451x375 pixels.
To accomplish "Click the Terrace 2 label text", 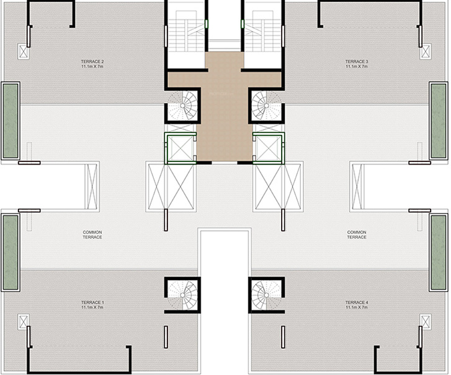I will coord(92,63).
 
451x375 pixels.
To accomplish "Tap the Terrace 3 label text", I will coord(357,63).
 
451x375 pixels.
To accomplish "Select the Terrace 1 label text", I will coord(92,304).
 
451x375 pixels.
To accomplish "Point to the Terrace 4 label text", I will coord(357,304).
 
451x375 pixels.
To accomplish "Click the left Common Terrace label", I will coord(92,235).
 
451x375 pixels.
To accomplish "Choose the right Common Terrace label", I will coord(357,235).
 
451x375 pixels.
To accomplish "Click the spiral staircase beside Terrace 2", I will coord(183,106).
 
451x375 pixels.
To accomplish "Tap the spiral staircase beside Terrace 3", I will coord(267,106).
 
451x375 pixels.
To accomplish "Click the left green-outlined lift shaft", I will coord(179,148).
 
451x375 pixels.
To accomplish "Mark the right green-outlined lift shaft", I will coord(269,148).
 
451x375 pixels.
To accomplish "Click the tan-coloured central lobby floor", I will coord(223,112).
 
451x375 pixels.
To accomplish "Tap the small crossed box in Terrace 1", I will coord(25,322).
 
